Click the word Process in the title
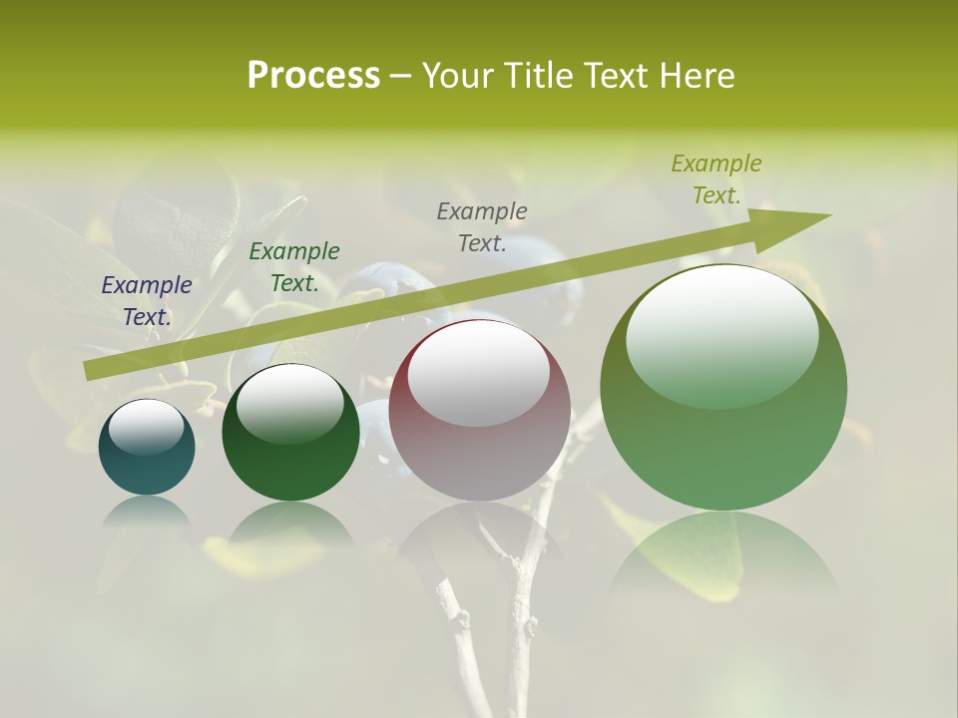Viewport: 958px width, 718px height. point(313,76)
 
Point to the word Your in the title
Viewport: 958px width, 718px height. point(458,76)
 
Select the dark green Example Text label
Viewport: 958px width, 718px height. point(294,267)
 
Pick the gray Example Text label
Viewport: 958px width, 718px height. point(482,226)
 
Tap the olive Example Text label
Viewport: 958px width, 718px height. point(717,179)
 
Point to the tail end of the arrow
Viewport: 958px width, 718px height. point(90,370)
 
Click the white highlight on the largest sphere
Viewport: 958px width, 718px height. point(721,334)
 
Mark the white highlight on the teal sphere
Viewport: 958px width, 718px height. point(146,426)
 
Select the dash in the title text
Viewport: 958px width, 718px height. point(400,76)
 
